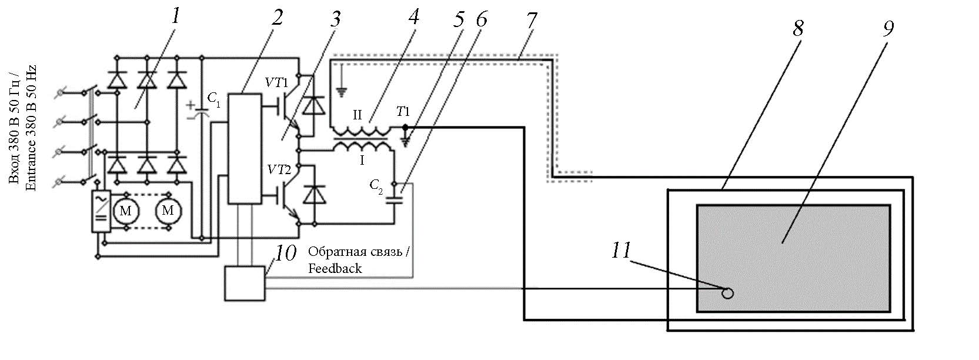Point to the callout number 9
[887, 28]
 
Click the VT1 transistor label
[276, 83]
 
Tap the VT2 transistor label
[276, 171]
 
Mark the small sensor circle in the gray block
[727, 292]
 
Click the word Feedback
[335, 268]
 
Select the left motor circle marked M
[126, 211]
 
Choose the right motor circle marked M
[168, 211]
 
